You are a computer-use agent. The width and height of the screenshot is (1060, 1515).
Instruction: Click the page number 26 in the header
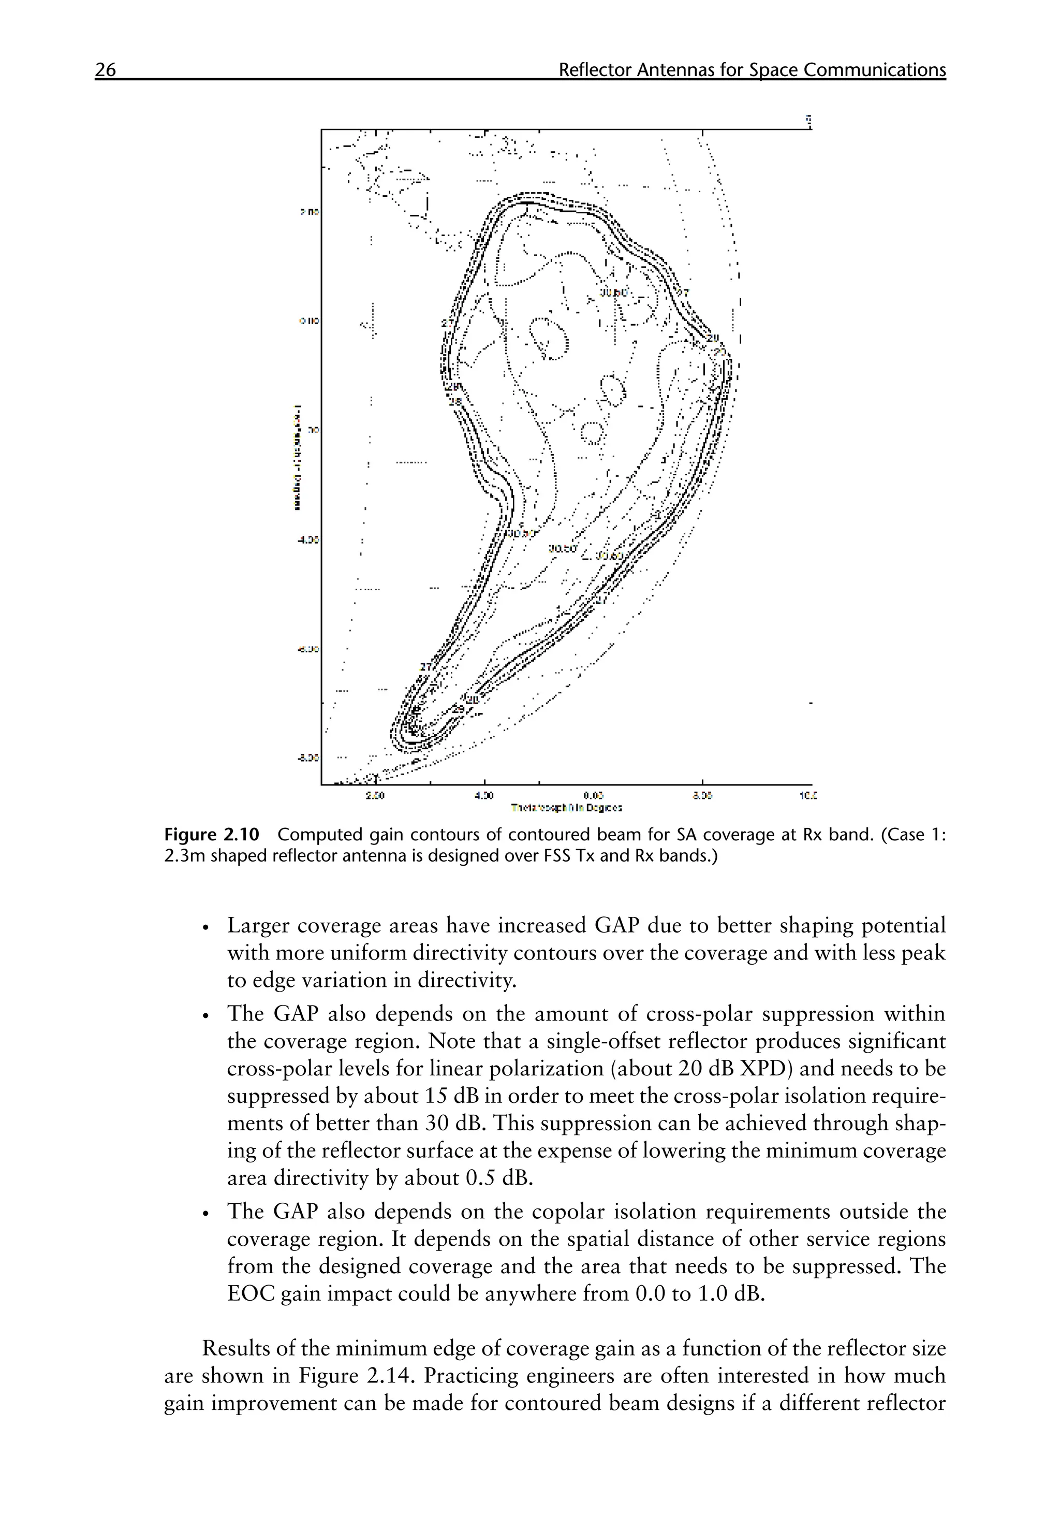pyautogui.click(x=106, y=70)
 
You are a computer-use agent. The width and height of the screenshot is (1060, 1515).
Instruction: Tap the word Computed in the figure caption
pyautogui.click(x=313, y=835)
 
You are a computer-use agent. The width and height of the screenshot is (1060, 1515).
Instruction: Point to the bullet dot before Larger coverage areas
pyautogui.click(x=207, y=928)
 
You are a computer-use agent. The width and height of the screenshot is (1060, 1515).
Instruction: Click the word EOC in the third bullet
pyautogui.click(x=251, y=1294)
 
